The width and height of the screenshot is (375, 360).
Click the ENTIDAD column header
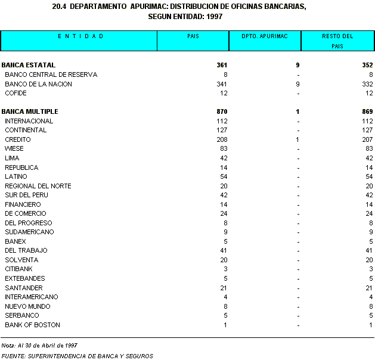[80, 36]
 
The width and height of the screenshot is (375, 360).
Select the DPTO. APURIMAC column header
[265, 36]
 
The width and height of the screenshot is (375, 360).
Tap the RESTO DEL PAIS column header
[337, 41]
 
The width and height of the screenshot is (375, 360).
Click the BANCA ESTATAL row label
[28, 65]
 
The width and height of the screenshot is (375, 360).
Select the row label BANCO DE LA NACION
[38, 84]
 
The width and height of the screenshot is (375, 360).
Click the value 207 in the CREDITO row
[367, 139]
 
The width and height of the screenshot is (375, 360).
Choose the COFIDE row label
[16, 93]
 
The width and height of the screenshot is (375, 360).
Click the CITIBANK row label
[19, 269]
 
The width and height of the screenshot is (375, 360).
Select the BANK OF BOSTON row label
[32, 325]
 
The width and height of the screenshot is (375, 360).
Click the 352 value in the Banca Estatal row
[367, 65]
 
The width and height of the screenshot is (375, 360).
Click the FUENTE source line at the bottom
[77, 356]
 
